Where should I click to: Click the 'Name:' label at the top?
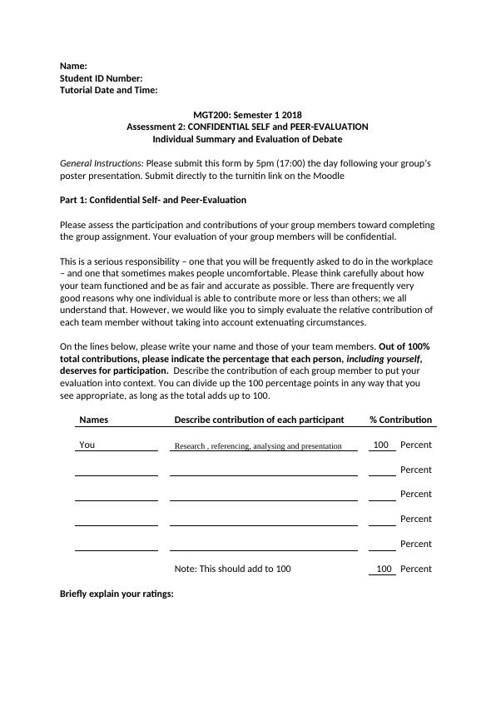tap(73, 66)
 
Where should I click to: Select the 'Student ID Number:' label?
tap(102, 78)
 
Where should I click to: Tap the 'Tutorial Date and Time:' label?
tap(109, 90)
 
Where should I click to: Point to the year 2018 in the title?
tap(291, 115)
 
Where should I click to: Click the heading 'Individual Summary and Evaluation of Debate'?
tap(247, 139)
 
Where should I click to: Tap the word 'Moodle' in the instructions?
tap(330, 176)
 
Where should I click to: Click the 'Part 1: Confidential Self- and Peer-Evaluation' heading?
tap(153, 200)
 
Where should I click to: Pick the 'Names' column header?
tap(93, 420)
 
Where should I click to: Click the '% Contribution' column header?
tap(400, 420)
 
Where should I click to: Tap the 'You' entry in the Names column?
tap(87, 445)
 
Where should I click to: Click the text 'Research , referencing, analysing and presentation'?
tap(258, 446)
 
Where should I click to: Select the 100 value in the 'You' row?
tap(381, 445)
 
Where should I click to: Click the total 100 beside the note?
tap(383, 569)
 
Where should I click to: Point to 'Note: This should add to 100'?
tap(232, 569)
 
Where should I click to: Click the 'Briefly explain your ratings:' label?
tap(117, 594)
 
